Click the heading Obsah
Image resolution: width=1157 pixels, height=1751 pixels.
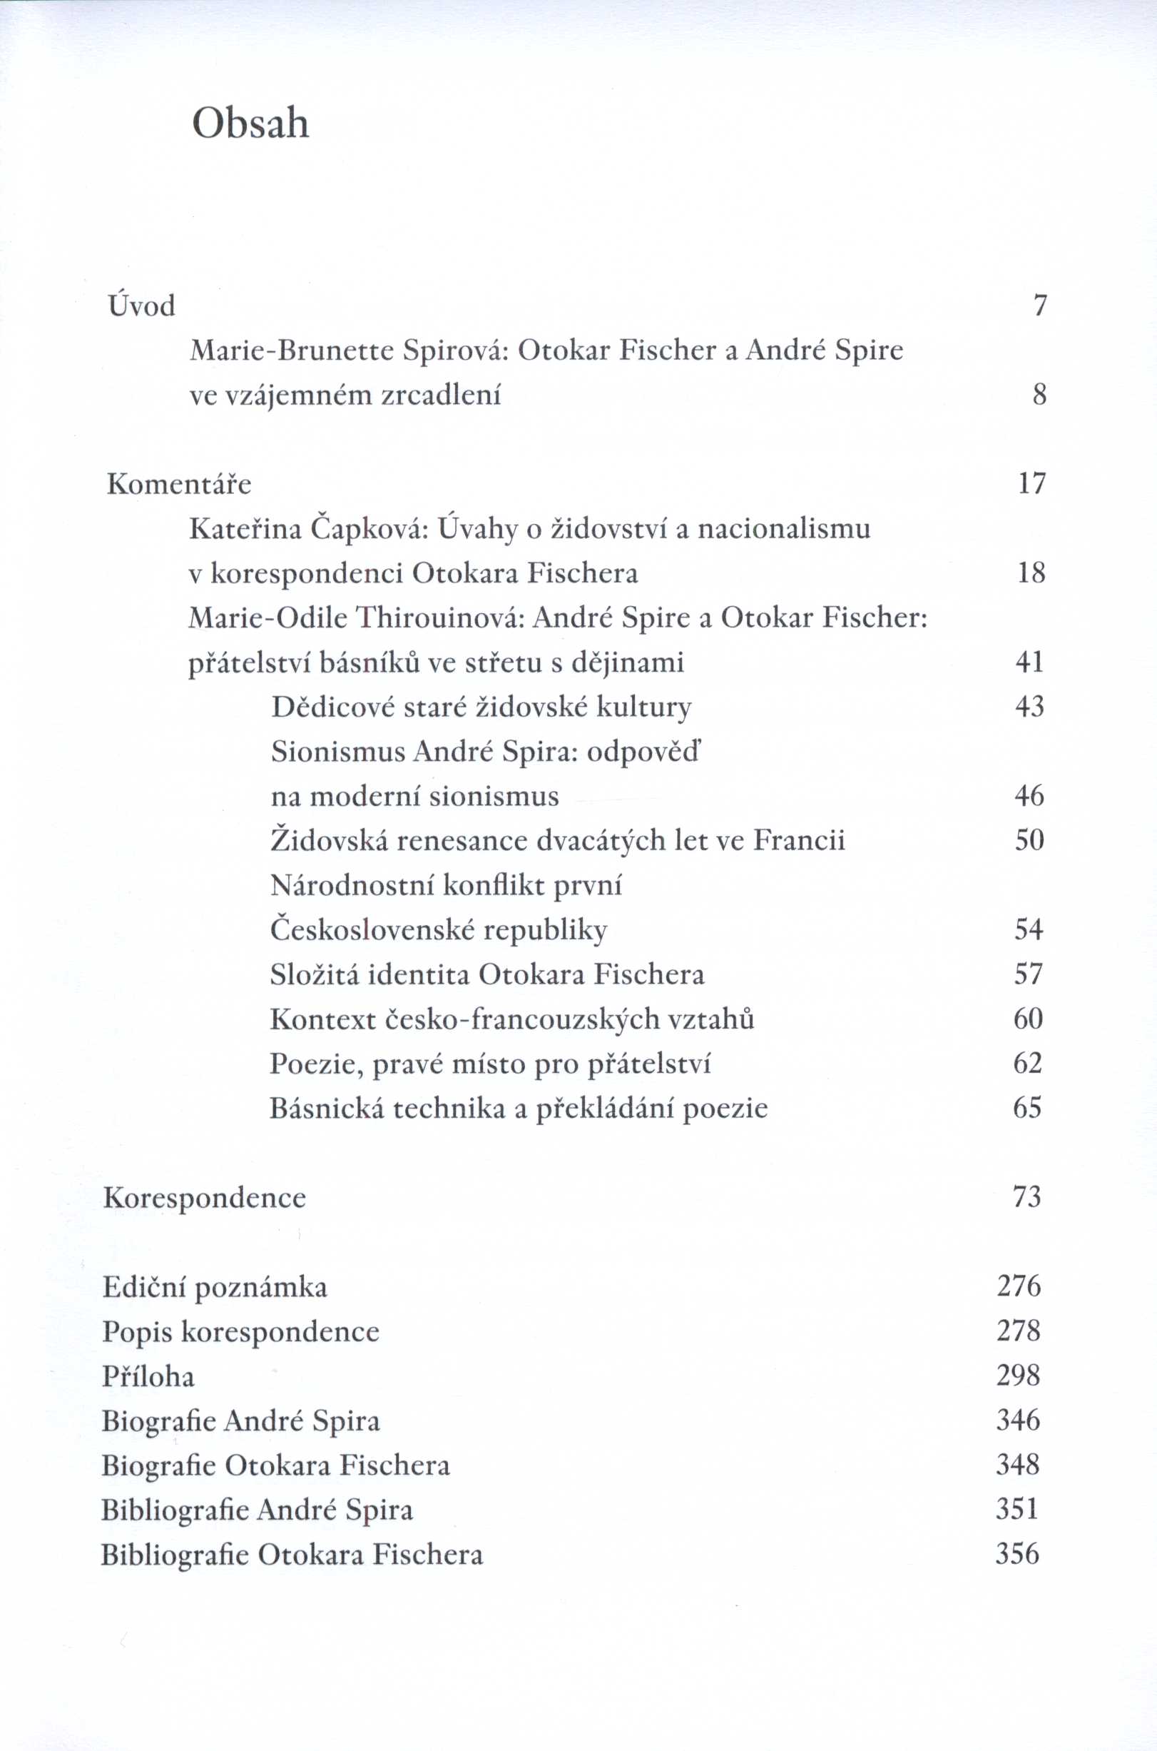click(x=250, y=124)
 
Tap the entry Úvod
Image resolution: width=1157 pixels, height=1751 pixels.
click(x=142, y=306)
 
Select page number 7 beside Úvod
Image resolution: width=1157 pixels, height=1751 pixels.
click(x=1040, y=306)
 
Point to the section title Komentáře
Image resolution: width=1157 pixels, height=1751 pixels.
click(x=179, y=484)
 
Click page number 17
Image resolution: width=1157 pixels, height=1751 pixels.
click(x=1031, y=484)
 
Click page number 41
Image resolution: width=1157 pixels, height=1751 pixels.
click(x=1029, y=662)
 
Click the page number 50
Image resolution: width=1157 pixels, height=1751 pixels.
click(x=1029, y=841)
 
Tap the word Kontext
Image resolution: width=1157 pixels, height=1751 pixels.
click(x=322, y=1019)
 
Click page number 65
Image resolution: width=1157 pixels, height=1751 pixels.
click(x=1027, y=1108)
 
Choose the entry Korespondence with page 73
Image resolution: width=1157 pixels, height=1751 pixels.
click(x=205, y=1197)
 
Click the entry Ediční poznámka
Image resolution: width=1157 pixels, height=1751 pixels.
click(x=215, y=1288)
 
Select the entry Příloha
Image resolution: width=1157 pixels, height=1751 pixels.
click(x=148, y=1377)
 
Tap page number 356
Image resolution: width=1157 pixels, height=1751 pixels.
click(x=1016, y=1555)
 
